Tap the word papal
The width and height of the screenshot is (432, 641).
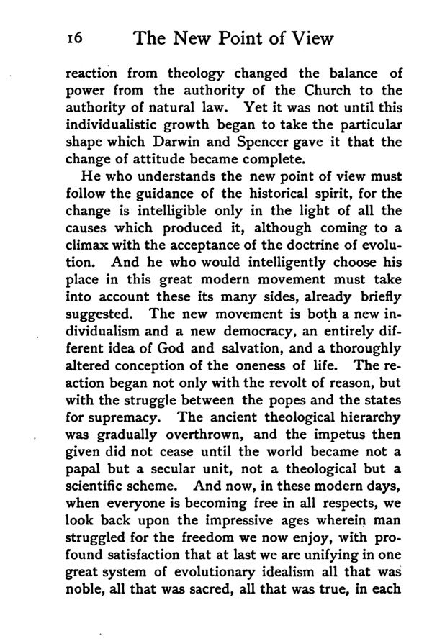click(x=84, y=469)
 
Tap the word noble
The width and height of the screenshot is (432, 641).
click(x=83, y=590)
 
